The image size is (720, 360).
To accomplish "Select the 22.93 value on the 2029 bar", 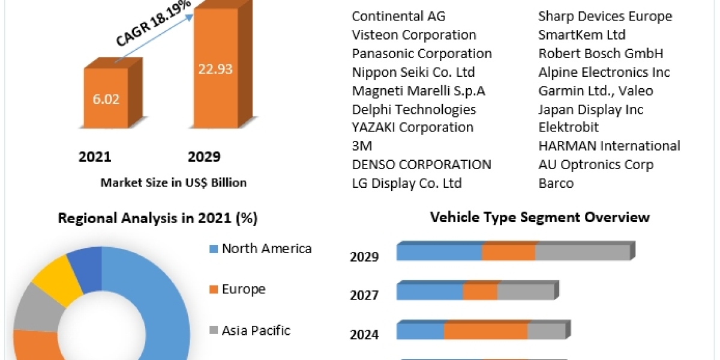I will pyautogui.click(x=215, y=68).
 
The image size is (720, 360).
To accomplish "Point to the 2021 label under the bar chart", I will pyautogui.click(x=95, y=157).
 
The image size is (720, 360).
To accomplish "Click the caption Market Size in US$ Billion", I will pyautogui.click(x=173, y=182).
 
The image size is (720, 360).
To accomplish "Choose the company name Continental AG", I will pyautogui.click(x=398, y=16).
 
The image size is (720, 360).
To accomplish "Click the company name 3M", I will pyautogui.click(x=362, y=146).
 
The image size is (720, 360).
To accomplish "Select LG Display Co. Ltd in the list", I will pyautogui.click(x=407, y=183).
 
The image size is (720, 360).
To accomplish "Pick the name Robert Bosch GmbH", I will pyautogui.click(x=601, y=53).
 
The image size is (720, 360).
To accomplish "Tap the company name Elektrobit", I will pyautogui.click(x=568, y=127).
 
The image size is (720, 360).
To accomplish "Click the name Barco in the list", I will pyautogui.click(x=556, y=183).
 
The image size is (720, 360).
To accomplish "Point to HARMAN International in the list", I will pyautogui.click(x=609, y=146).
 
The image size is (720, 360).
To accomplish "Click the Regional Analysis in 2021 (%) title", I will pyautogui.click(x=158, y=218).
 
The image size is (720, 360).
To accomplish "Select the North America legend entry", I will pyautogui.click(x=266, y=248).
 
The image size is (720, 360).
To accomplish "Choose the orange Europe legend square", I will pyautogui.click(x=213, y=290).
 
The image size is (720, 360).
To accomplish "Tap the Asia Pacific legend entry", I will pyautogui.click(x=256, y=330).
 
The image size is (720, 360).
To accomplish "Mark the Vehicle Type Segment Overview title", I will pyautogui.click(x=540, y=217).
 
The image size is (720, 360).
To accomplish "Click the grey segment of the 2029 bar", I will pyautogui.click(x=581, y=253).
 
